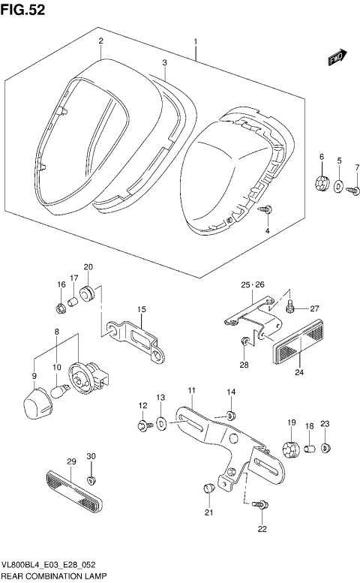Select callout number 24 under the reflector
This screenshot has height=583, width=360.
(x=299, y=371)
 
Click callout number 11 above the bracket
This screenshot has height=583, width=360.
(x=191, y=390)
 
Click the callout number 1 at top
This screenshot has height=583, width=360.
(x=195, y=42)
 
